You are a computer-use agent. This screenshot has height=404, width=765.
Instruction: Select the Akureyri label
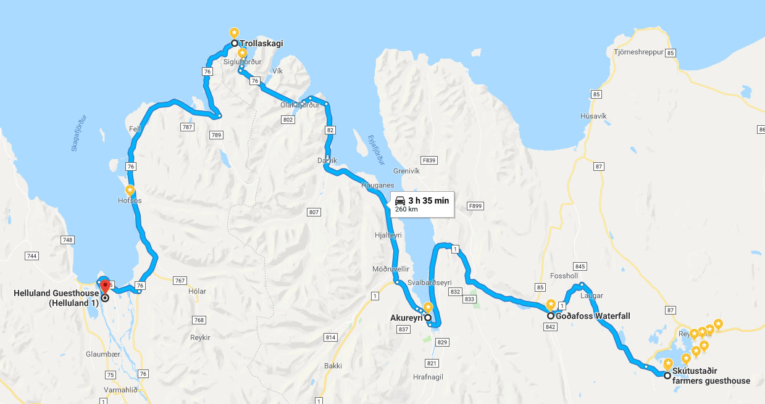(x=406, y=318)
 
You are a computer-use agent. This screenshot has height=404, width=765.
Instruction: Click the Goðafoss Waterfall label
(x=593, y=316)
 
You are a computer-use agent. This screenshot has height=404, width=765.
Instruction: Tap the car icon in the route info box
(x=400, y=200)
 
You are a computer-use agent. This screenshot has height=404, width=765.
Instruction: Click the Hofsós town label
(x=129, y=200)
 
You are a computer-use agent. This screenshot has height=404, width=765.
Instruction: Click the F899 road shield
(x=475, y=205)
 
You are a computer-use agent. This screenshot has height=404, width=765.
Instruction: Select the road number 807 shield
(x=314, y=212)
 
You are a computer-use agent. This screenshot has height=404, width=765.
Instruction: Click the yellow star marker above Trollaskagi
(x=234, y=33)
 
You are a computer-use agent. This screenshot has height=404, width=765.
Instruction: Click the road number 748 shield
(x=68, y=239)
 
